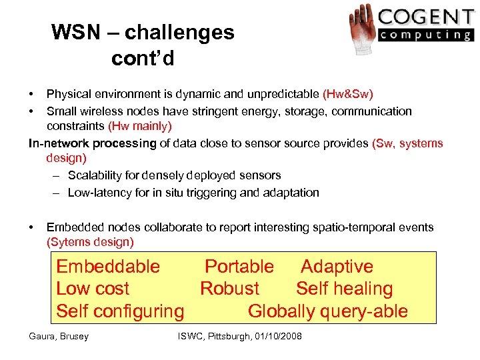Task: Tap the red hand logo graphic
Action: click(x=362, y=28)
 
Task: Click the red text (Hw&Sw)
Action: click(x=347, y=94)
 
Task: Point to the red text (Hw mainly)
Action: click(x=139, y=125)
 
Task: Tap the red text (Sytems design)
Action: click(x=90, y=242)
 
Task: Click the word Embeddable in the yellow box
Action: click(x=108, y=267)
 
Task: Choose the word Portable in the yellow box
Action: click(x=239, y=267)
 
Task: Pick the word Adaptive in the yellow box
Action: click(x=337, y=267)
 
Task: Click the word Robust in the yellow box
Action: click(x=229, y=289)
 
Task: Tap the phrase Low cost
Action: click(x=93, y=289)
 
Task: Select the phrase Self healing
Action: click(x=344, y=289)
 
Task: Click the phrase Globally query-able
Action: click(x=327, y=311)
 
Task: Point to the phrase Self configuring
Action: click(x=120, y=311)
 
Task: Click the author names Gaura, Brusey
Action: click(x=59, y=336)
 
